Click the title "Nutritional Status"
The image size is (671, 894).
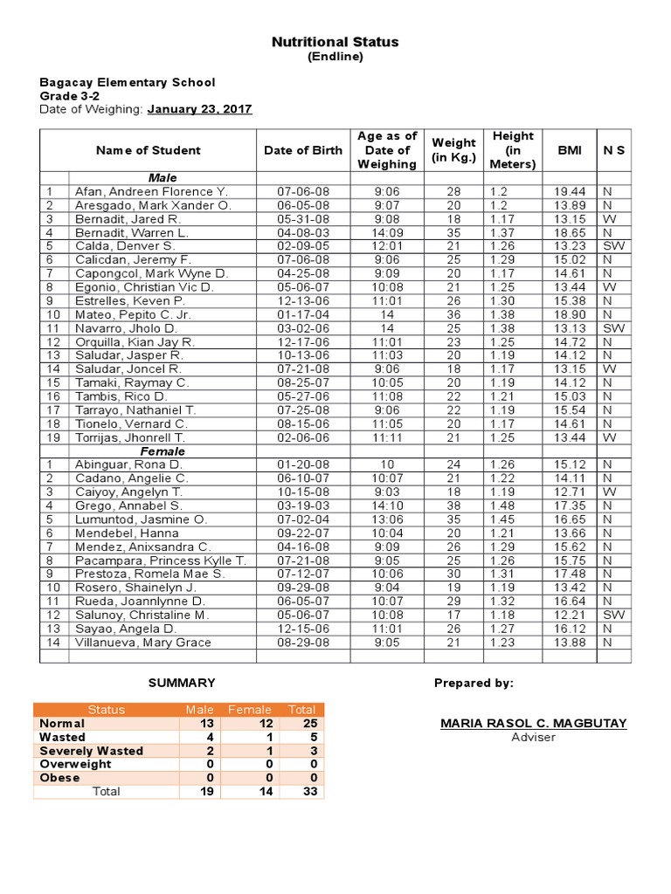pos(335,42)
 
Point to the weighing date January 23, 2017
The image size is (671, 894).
pos(199,109)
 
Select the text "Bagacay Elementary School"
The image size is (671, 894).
pos(127,82)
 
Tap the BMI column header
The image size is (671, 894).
pos(569,150)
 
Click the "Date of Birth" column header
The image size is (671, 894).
pos(303,150)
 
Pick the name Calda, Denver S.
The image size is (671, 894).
pos(124,246)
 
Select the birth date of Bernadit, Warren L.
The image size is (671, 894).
pos(303,232)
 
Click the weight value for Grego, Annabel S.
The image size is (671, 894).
pos(453,505)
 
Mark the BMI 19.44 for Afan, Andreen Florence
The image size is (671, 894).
pos(569,191)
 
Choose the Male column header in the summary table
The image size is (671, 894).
pos(199,710)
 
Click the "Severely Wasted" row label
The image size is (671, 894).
pos(92,751)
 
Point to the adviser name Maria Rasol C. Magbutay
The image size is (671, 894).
pos(533,724)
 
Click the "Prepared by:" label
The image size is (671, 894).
pos(474,683)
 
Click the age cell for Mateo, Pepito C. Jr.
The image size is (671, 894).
pos(387,314)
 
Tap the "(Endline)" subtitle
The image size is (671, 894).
pos(335,57)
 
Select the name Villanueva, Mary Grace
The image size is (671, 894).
pos(141,643)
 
